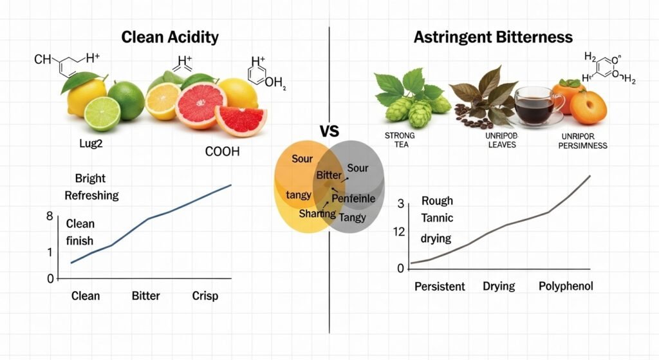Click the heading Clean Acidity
point(169,37)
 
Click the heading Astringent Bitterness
point(492,37)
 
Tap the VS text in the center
point(329,132)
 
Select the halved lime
point(102,113)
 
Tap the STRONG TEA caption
point(400,140)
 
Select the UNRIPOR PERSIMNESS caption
point(580,141)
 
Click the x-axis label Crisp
point(205,296)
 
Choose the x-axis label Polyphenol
point(565,286)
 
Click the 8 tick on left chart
point(50,216)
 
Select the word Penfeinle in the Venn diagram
point(353,199)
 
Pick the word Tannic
point(437,218)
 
